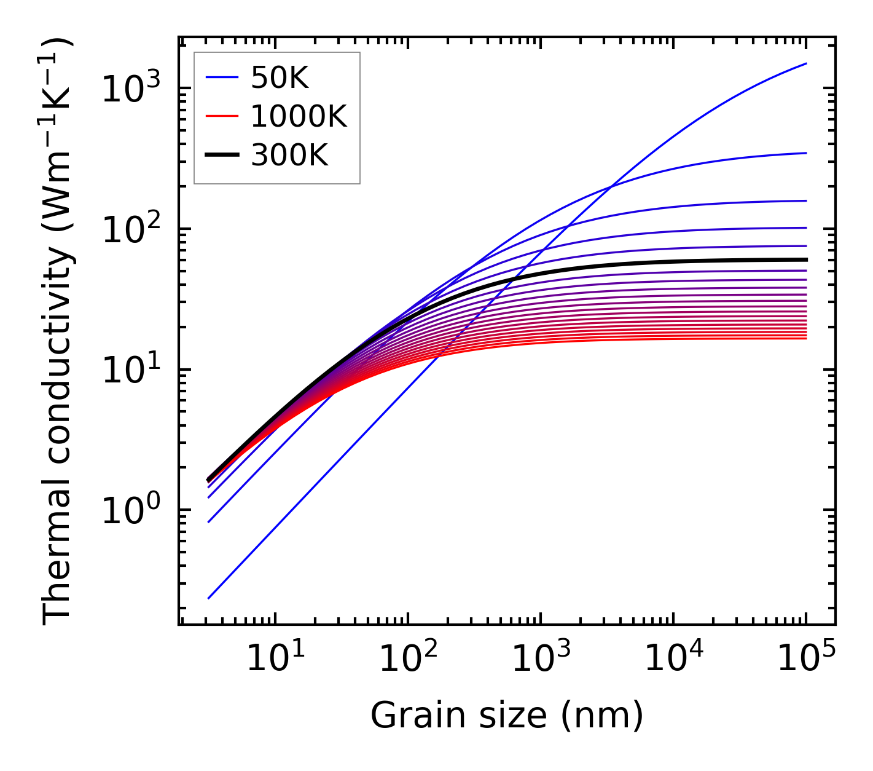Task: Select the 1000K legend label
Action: [299, 116]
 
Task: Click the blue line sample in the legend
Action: [221, 77]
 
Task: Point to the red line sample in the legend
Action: [221, 116]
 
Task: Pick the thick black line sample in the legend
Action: [221, 155]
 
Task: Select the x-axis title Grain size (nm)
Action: [507, 715]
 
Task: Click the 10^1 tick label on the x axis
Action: [275, 658]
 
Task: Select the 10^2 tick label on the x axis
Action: [407, 658]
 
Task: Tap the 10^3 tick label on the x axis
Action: [540, 658]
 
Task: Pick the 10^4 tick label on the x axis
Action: [673, 658]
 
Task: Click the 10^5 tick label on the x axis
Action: [805, 658]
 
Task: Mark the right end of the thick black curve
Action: [806, 259]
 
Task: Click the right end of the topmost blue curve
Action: [806, 63]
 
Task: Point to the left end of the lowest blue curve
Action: [209, 598]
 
